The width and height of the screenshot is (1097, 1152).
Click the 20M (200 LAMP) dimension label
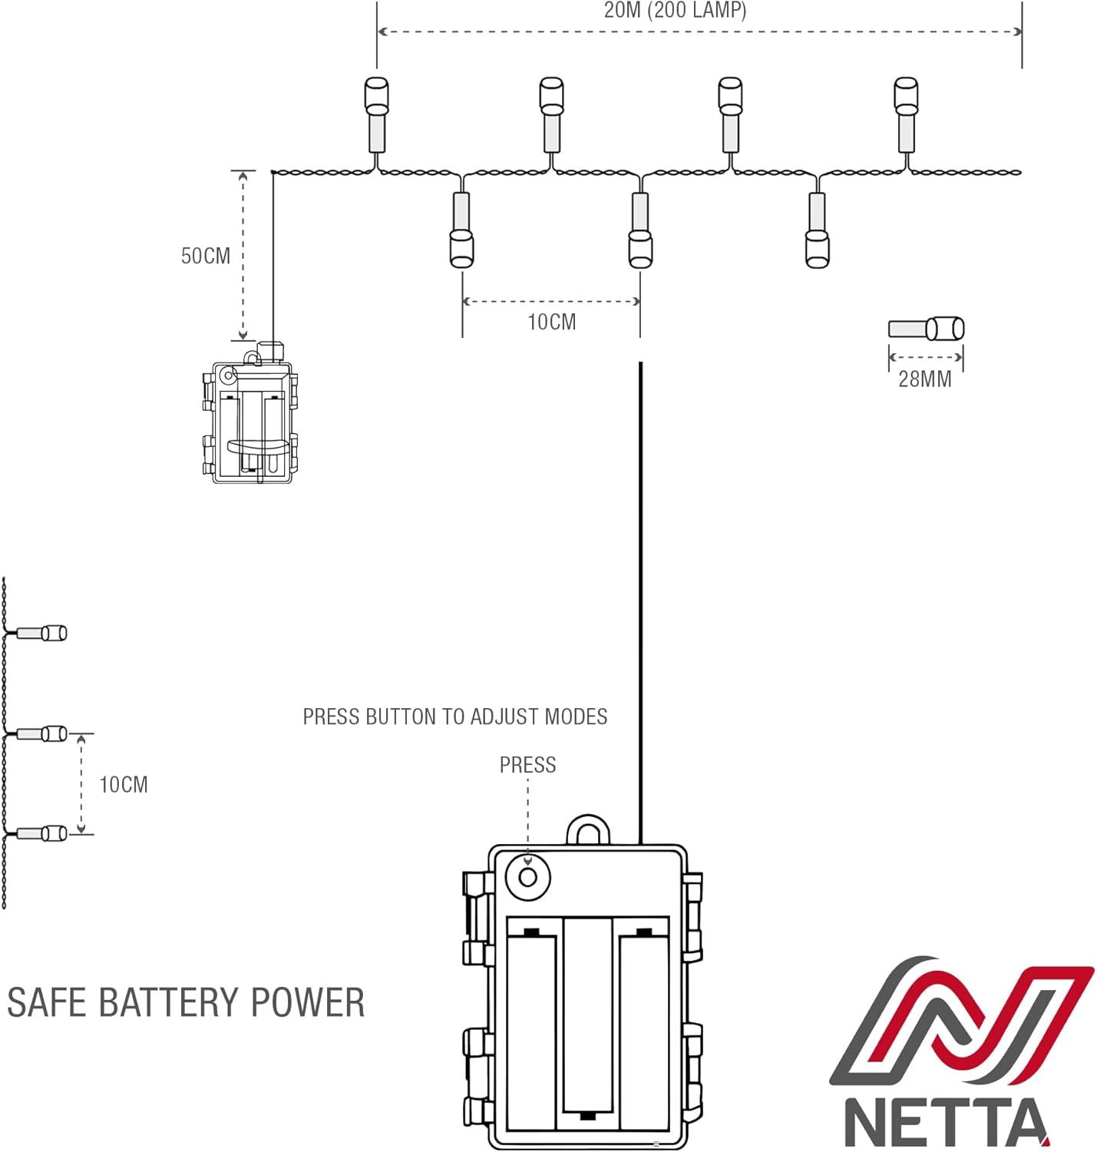pyautogui.click(x=675, y=11)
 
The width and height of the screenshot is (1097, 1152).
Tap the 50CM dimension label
pyautogui.click(x=205, y=256)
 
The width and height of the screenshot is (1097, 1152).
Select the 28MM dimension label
pyautogui.click(x=924, y=379)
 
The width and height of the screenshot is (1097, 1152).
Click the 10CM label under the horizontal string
pyautogui.click(x=551, y=322)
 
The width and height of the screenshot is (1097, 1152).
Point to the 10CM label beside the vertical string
pyautogui.click(x=123, y=784)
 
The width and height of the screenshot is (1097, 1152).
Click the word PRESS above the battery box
pyautogui.click(x=527, y=765)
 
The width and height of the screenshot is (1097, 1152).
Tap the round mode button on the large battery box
pyautogui.click(x=528, y=876)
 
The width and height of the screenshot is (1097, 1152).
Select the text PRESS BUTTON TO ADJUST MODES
pyautogui.click(x=454, y=717)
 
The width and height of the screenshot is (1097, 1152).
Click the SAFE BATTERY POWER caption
pyautogui.click(x=186, y=1002)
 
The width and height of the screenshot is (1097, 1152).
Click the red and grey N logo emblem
pyautogui.click(x=961, y=1021)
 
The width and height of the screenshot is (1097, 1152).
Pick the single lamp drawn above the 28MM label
pyautogui.click(x=926, y=329)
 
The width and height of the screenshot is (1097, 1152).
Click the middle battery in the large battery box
pyautogui.click(x=588, y=1014)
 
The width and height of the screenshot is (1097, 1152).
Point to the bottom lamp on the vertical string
pyautogui.click(x=41, y=833)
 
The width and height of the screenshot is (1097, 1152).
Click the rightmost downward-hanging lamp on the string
pyautogui.click(x=817, y=230)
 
